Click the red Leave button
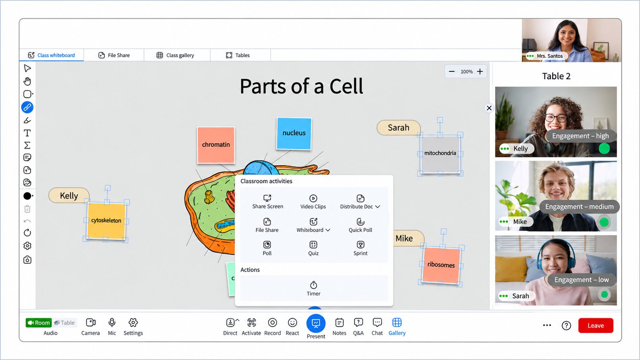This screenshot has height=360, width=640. coord(596,325)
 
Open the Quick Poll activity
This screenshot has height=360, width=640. coord(360,225)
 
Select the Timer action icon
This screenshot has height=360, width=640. coord(313,285)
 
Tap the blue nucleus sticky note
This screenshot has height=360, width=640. coord(294,134)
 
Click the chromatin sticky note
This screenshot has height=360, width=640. coord(216,145)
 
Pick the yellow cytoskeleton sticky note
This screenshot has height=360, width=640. coord(106,221)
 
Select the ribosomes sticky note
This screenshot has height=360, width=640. coord(441,265)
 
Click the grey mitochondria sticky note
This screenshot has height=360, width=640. coord(440,154)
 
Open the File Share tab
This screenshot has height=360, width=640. coord(114,55)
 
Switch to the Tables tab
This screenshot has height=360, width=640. coord(238,55)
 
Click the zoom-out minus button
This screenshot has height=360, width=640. coord(452,72)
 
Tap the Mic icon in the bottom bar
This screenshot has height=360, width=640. coord(112,323)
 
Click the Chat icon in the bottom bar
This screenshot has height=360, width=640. coord(377,323)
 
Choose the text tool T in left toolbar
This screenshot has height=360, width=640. coord(27,133)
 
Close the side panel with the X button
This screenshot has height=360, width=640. coord(489,108)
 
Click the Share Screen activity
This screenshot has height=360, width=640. coord(268,202)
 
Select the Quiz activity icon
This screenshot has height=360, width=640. coord(313,245)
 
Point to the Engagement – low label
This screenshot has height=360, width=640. coord(582,279)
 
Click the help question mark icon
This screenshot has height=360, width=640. coord(566,325)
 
